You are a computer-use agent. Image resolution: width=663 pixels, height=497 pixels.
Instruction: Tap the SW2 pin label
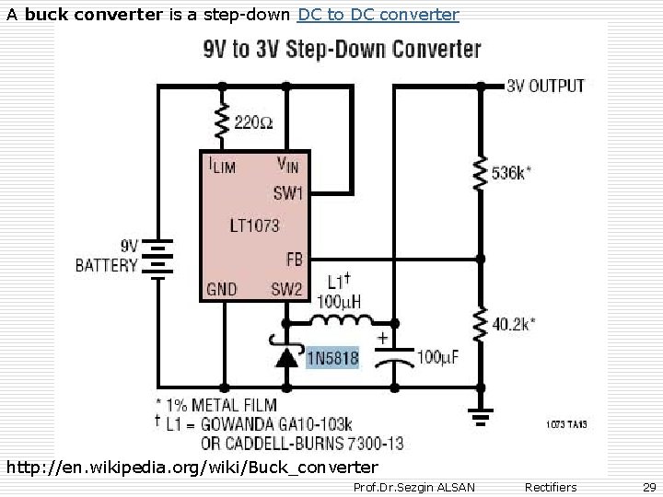(286, 289)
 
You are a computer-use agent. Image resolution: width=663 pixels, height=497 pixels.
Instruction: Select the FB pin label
(294, 259)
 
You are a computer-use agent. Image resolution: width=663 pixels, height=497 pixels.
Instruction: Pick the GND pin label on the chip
(222, 289)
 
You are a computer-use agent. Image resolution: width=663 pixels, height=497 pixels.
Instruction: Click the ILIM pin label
(220, 166)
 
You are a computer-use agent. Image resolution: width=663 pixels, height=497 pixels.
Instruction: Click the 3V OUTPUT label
(545, 86)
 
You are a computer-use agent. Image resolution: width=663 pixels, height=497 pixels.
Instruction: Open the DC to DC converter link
(378, 14)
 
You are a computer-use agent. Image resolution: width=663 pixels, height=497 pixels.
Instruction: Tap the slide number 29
(648, 486)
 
